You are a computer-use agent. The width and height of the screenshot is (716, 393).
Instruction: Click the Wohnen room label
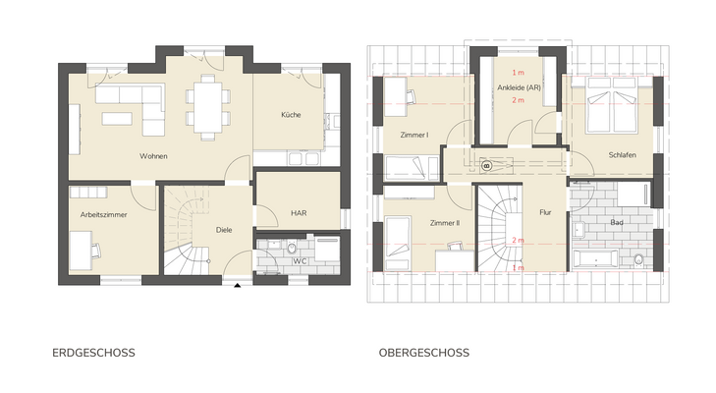152,156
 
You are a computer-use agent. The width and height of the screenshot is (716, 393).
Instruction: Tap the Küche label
291,115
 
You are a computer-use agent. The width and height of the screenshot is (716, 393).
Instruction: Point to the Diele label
225,230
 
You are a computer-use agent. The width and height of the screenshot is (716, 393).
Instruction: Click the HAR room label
299,212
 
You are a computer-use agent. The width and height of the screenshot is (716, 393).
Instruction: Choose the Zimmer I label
414,135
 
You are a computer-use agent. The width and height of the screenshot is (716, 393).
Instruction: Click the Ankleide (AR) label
519,87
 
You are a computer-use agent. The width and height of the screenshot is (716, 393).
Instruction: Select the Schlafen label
622,156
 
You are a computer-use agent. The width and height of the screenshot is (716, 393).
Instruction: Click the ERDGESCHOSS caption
93,352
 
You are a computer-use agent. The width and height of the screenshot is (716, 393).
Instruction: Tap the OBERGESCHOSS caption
423,352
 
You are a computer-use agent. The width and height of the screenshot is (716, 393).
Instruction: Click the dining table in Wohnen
207,105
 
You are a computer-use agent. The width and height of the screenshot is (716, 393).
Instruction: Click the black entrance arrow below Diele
238,285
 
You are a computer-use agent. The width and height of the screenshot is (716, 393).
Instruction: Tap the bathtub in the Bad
594,259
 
